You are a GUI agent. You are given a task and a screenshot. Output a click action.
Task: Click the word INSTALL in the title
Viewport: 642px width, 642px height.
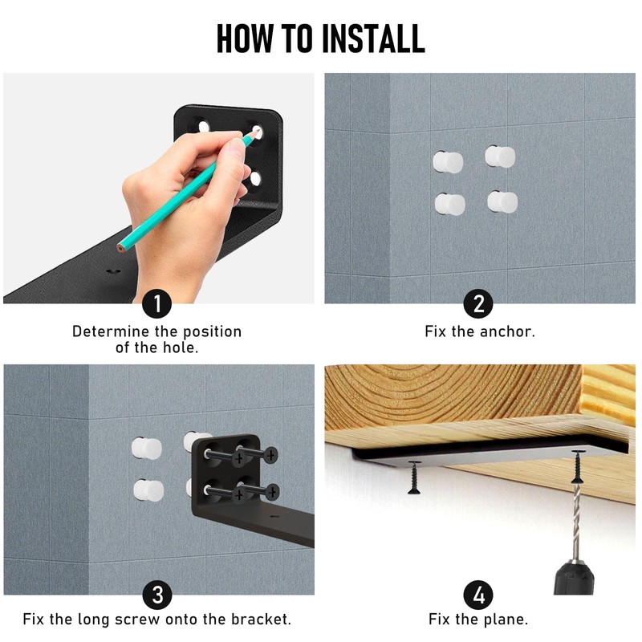[373, 39]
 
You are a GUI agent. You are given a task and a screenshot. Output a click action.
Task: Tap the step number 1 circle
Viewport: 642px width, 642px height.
[156, 303]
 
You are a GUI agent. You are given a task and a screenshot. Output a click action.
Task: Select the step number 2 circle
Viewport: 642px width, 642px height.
[478, 303]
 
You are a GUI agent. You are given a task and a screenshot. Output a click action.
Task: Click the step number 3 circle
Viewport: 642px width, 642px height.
[156, 595]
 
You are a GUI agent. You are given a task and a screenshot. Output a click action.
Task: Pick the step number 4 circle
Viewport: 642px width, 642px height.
[478, 595]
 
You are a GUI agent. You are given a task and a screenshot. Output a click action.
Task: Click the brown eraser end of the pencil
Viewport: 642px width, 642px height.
[120, 248]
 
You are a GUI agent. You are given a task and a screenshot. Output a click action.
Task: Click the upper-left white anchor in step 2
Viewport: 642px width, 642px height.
[448, 162]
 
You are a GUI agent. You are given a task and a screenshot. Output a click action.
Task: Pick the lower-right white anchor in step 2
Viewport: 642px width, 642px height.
[502, 202]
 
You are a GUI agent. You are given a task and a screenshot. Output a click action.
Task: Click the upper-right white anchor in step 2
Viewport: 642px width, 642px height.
[500, 156]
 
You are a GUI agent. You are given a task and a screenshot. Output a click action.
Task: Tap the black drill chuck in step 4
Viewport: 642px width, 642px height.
[574, 578]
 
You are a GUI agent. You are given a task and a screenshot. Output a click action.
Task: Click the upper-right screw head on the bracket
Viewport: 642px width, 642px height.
[270, 454]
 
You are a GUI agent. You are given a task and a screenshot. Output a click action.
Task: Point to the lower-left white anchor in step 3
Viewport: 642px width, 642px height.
[148, 490]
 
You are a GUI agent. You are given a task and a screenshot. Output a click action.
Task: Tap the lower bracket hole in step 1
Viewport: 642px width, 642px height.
[255, 178]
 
